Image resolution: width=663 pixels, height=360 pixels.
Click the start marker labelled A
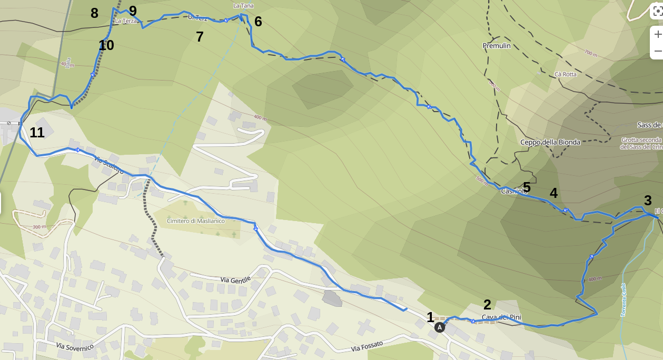tap(440, 327)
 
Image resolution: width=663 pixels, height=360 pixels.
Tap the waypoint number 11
tap(37, 133)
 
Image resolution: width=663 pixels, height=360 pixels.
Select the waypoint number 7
tap(200, 37)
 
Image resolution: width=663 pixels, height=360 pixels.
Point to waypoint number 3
tap(648, 201)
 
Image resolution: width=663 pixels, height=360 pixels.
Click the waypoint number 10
tap(106, 45)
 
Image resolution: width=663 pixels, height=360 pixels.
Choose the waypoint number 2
tap(487, 304)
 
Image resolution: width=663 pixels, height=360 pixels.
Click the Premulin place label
tap(497, 46)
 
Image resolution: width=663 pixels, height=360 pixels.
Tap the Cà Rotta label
tap(565, 74)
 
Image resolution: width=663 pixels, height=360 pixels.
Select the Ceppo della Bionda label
tap(550, 142)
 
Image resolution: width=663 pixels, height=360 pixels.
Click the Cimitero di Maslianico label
tap(195, 221)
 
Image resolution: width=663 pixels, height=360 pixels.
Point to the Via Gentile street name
tap(235, 280)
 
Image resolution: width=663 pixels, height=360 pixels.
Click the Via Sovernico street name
tap(75, 346)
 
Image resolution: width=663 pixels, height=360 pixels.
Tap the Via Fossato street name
tap(367, 346)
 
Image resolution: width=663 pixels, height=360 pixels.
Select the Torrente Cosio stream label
tap(624, 300)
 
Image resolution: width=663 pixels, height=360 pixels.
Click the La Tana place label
tap(243, 6)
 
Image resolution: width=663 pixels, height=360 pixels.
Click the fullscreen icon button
tap(658, 11)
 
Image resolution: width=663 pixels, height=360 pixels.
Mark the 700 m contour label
tap(591, 53)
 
